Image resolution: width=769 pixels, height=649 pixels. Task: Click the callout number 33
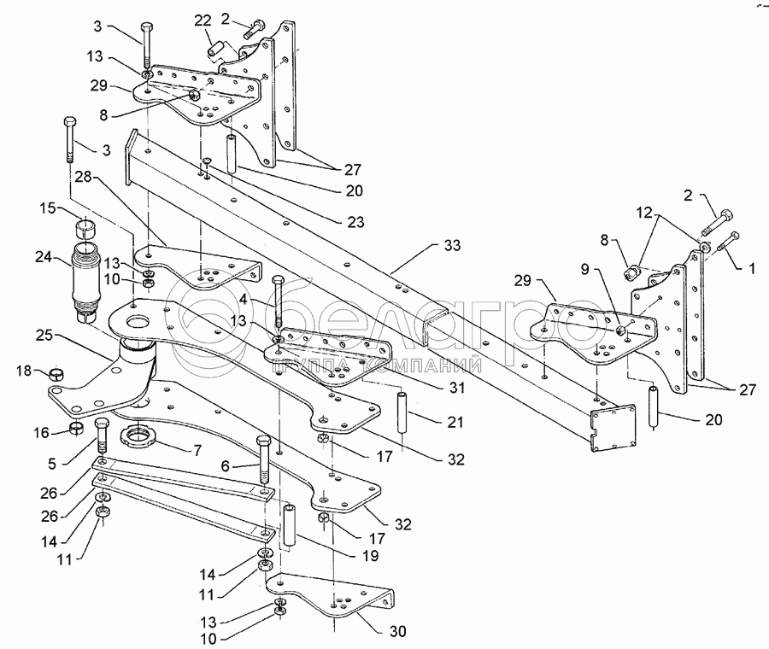(452, 245)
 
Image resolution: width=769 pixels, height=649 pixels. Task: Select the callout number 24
(44, 256)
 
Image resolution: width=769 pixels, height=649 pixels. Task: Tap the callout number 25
(44, 336)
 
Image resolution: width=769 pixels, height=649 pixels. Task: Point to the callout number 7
(197, 450)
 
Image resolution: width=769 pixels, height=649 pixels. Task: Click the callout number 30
(397, 631)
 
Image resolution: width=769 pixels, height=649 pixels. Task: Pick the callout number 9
(584, 269)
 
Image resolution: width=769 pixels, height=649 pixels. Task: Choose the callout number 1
(750, 268)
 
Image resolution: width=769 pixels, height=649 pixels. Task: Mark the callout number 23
(355, 222)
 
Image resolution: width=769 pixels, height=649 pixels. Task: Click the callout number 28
(84, 177)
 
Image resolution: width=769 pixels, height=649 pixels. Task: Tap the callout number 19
(371, 555)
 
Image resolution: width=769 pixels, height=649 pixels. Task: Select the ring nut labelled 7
(138, 436)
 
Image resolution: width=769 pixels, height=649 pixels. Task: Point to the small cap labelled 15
(85, 227)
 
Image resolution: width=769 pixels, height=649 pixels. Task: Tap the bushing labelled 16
(75, 428)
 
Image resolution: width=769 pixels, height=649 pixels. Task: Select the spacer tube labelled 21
(403, 412)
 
